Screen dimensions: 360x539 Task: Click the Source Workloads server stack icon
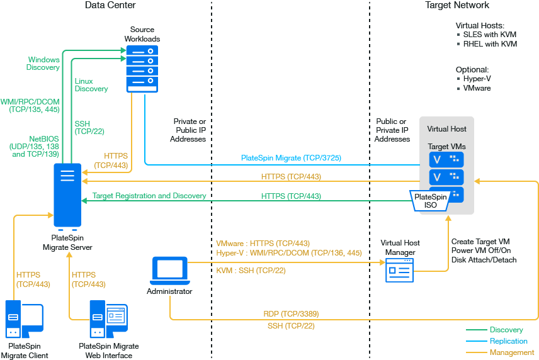coord(142,69)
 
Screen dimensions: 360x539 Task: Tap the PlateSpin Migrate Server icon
coord(67,194)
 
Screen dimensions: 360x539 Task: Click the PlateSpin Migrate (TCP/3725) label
coord(291,158)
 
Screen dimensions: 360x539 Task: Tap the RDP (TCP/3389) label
coord(290,313)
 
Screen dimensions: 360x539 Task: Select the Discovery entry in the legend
coord(506,330)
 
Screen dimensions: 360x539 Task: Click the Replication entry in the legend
coord(508,341)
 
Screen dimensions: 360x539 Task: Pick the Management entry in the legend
coord(511,352)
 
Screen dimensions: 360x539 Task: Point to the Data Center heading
coord(110,5)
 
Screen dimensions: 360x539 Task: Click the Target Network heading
coord(457,5)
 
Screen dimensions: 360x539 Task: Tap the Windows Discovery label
coord(43,64)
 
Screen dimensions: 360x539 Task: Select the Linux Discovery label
coord(91,85)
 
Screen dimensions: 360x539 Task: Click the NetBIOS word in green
coord(44,138)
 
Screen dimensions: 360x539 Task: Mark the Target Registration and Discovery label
coord(149,196)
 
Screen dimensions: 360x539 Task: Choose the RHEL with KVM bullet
coord(489,44)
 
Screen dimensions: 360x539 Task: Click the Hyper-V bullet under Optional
coord(477,79)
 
